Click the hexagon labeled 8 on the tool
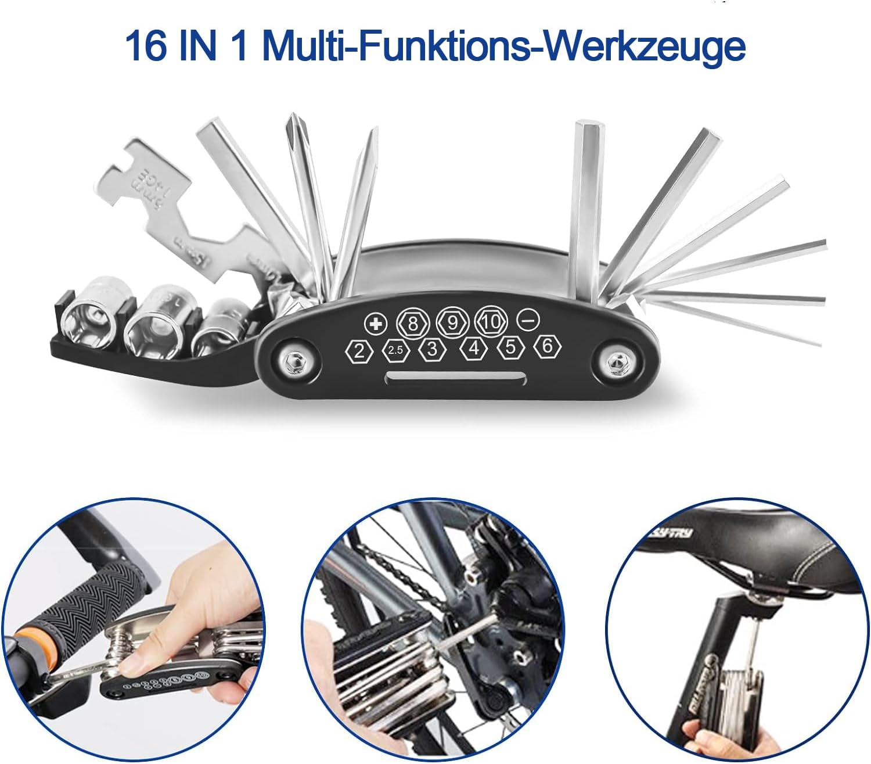point(412,322)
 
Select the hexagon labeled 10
point(491,321)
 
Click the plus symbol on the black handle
point(376,322)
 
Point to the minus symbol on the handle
point(529,320)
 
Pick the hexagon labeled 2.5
point(395,350)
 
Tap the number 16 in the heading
point(145,46)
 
